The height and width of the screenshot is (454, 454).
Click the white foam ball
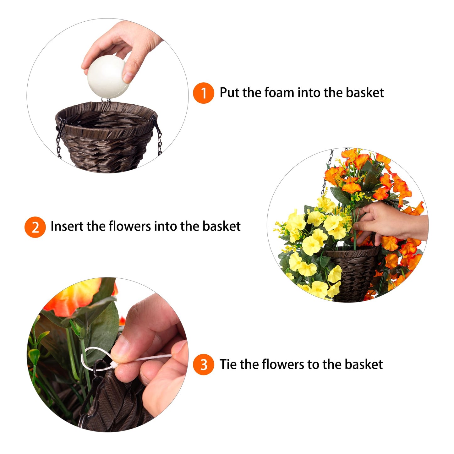pyautogui.click(x=108, y=77)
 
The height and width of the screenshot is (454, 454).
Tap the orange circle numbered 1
pyautogui.click(x=203, y=93)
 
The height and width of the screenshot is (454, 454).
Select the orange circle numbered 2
pyautogui.click(x=35, y=227)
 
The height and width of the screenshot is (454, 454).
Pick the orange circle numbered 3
pyautogui.click(x=203, y=365)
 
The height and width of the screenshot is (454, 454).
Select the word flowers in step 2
pyautogui.click(x=129, y=227)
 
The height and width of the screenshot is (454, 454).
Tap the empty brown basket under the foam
pyautogui.click(x=107, y=137)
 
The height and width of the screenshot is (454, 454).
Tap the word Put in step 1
pyautogui.click(x=229, y=92)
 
